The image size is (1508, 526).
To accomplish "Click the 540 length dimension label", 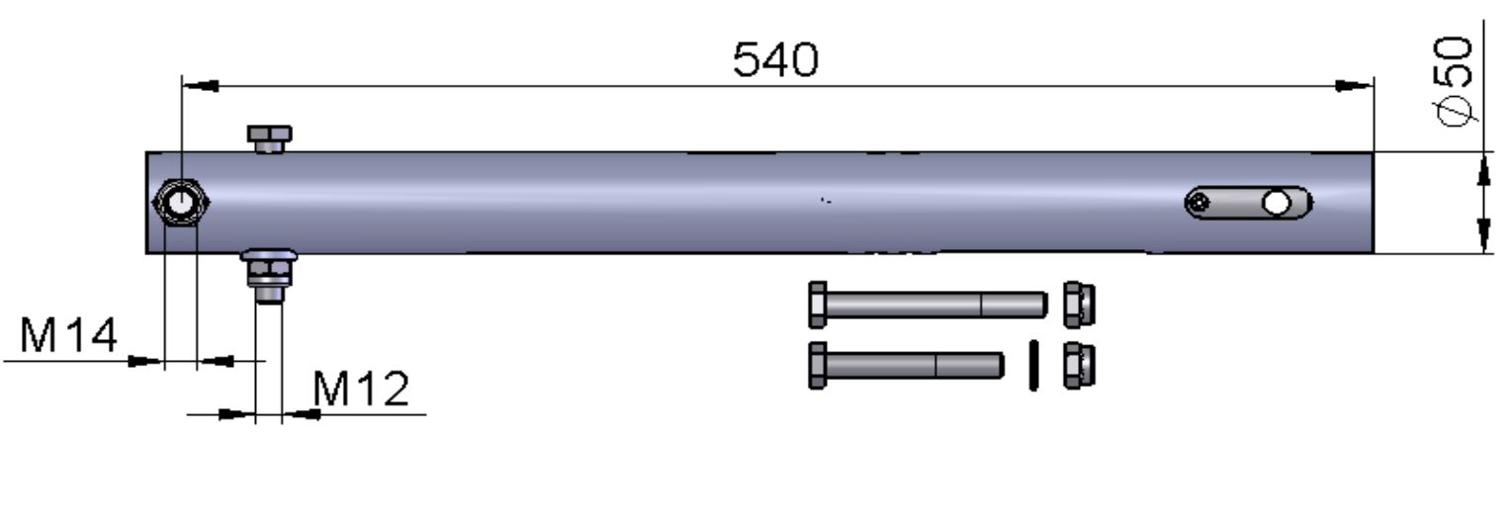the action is [x=775, y=59].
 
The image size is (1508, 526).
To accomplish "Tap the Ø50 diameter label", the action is [x=1455, y=81].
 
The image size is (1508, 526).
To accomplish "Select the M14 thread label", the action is [x=68, y=335].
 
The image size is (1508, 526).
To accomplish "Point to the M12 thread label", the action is [x=361, y=389].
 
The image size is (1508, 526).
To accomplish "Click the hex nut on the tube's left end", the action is [x=181, y=202].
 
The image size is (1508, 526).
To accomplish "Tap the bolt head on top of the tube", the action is [x=269, y=138].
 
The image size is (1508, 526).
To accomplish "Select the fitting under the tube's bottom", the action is [x=269, y=276].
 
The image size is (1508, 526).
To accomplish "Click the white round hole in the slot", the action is [x=1277, y=203].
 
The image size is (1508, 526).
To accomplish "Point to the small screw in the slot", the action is [x=1198, y=202].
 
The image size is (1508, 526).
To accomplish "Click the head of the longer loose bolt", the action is [x=817, y=306].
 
